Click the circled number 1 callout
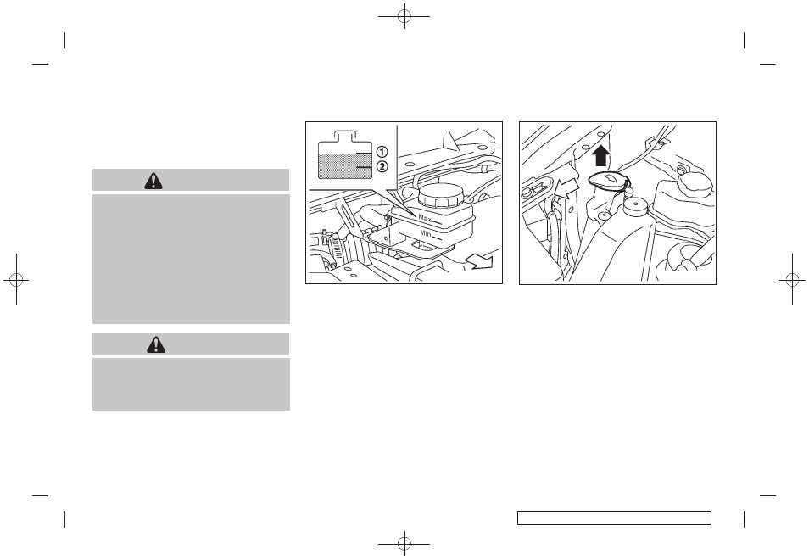tap(382, 152)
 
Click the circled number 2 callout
tap(382, 167)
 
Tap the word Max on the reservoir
tap(425, 218)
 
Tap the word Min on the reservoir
tap(426, 233)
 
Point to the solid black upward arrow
tap(601, 155)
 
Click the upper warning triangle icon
tap(153, 180)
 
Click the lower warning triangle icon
tap(155, 344)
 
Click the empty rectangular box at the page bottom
tap(614, 518)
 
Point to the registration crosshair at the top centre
tap(404, 16)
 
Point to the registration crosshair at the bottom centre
tap(404, 543)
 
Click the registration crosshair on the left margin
tap(16, 280)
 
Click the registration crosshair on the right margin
tap(793, 280)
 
